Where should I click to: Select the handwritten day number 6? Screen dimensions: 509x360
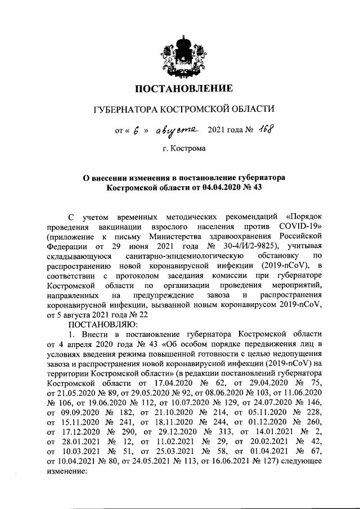pos(136,130)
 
